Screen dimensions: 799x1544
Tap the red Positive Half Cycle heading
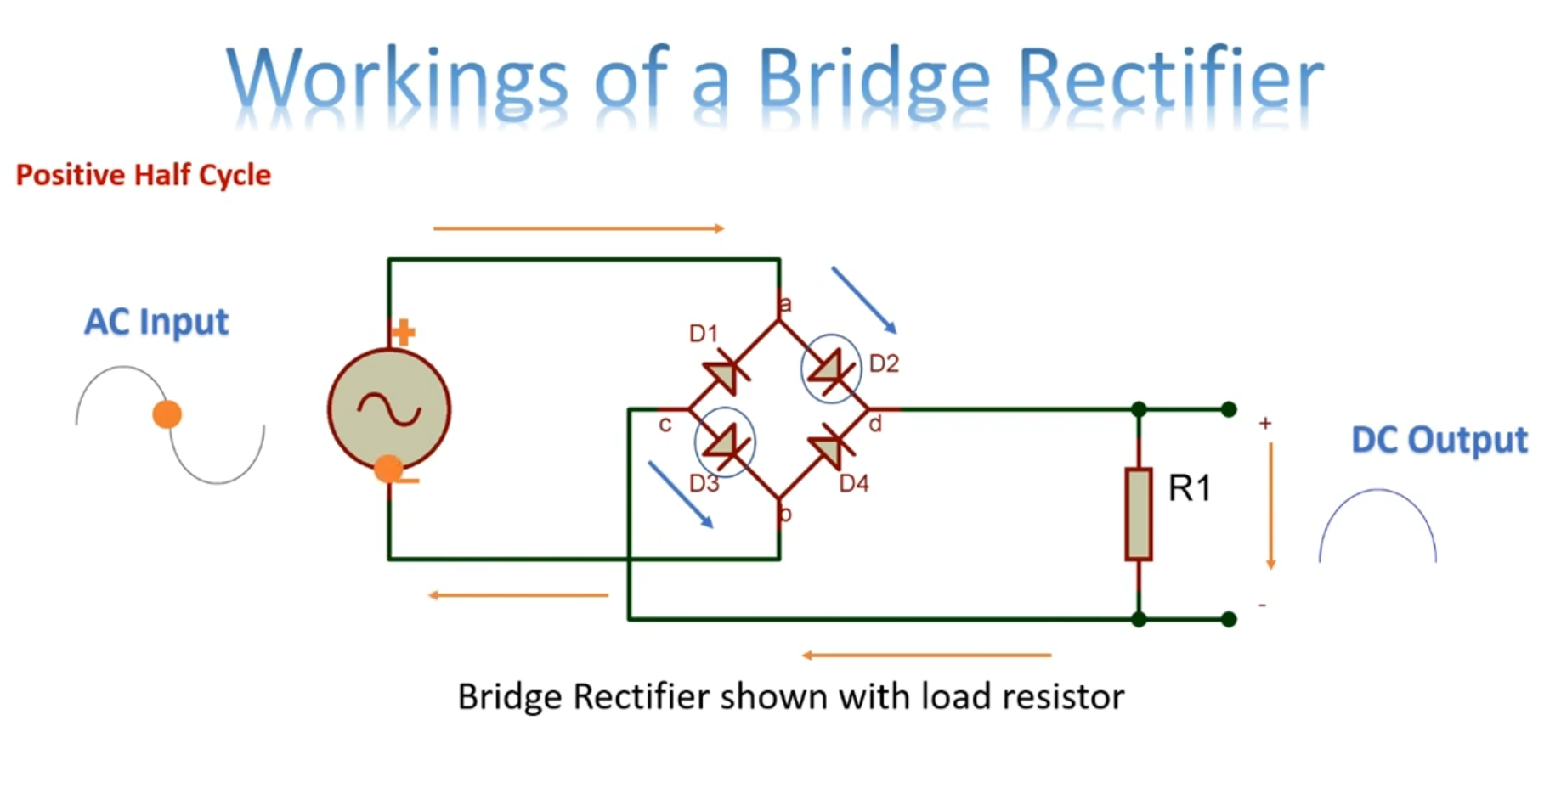[143, 175]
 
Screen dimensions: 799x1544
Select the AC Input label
[156, 322]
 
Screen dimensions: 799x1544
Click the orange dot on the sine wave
[167, 414]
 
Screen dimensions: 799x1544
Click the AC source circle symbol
[389, 409]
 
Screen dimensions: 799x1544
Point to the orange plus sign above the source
[404, 332]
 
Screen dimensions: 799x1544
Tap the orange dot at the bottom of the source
[388, 468]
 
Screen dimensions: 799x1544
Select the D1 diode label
[704, 334]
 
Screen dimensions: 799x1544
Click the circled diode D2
[831, 369]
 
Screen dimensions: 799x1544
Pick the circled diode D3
[725, 442]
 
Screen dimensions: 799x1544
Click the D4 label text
[854, 484]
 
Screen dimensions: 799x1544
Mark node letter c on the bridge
[665, 424]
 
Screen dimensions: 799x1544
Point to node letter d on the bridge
[875, 424]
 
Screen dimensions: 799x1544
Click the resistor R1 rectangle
[1139, 514]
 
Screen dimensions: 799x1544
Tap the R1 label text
[1189, 488]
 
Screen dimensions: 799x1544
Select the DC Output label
[1439, 440]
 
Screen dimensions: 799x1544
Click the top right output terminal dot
[1229, 409]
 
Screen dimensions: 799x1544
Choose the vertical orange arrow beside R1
[1270, 505]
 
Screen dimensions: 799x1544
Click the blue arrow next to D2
[863, 300]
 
